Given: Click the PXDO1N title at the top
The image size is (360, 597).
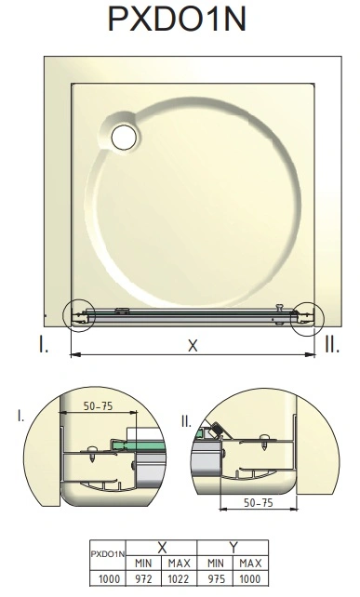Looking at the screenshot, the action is point(178,19).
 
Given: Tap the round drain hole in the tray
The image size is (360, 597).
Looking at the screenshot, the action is point(124,138).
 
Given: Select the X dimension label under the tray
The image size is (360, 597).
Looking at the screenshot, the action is point(193,346).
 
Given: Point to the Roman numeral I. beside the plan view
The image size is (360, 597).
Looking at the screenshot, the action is point(44,344).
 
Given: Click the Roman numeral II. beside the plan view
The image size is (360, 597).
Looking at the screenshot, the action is point(332,344).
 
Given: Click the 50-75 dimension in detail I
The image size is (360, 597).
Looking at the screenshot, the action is point(99,406).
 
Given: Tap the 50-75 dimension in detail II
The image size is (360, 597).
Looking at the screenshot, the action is point(259,503).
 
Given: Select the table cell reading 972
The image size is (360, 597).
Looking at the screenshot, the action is point(143,579).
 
